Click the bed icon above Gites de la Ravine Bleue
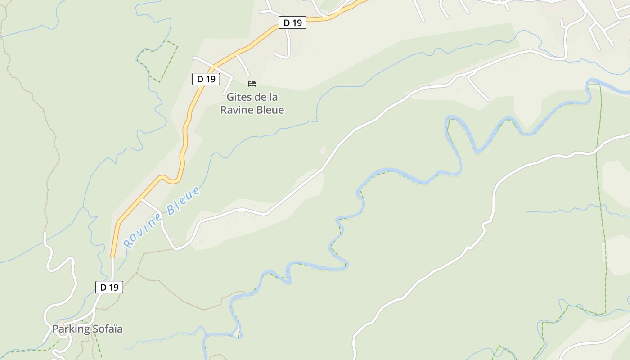(x=252, y=83)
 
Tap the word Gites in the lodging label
(x=239, y=97)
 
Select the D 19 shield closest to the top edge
(x=292, y=22)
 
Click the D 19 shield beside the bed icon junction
(x=206, y=79)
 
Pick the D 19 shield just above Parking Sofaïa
(x=109, y=287)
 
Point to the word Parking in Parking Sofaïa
(x=71, y=329)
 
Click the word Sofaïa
(x=107, y=329)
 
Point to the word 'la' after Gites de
(x=273, y=97)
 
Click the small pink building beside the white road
(x=322, y=150)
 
